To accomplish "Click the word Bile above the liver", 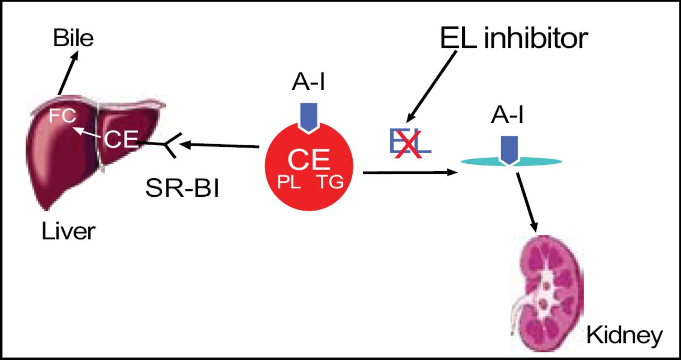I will click(x=73, y=38).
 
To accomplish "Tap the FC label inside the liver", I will click(x=62, y=116).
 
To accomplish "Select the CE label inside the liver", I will click(x=120, y=140).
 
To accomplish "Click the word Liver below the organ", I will click(x=69, y=231).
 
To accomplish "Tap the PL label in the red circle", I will click(x=289, y=182).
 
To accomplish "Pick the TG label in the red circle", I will click(x=330, y=182).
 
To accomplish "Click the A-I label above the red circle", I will click(x=309, y=83).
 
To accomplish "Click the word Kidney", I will click(x=624, y=335).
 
